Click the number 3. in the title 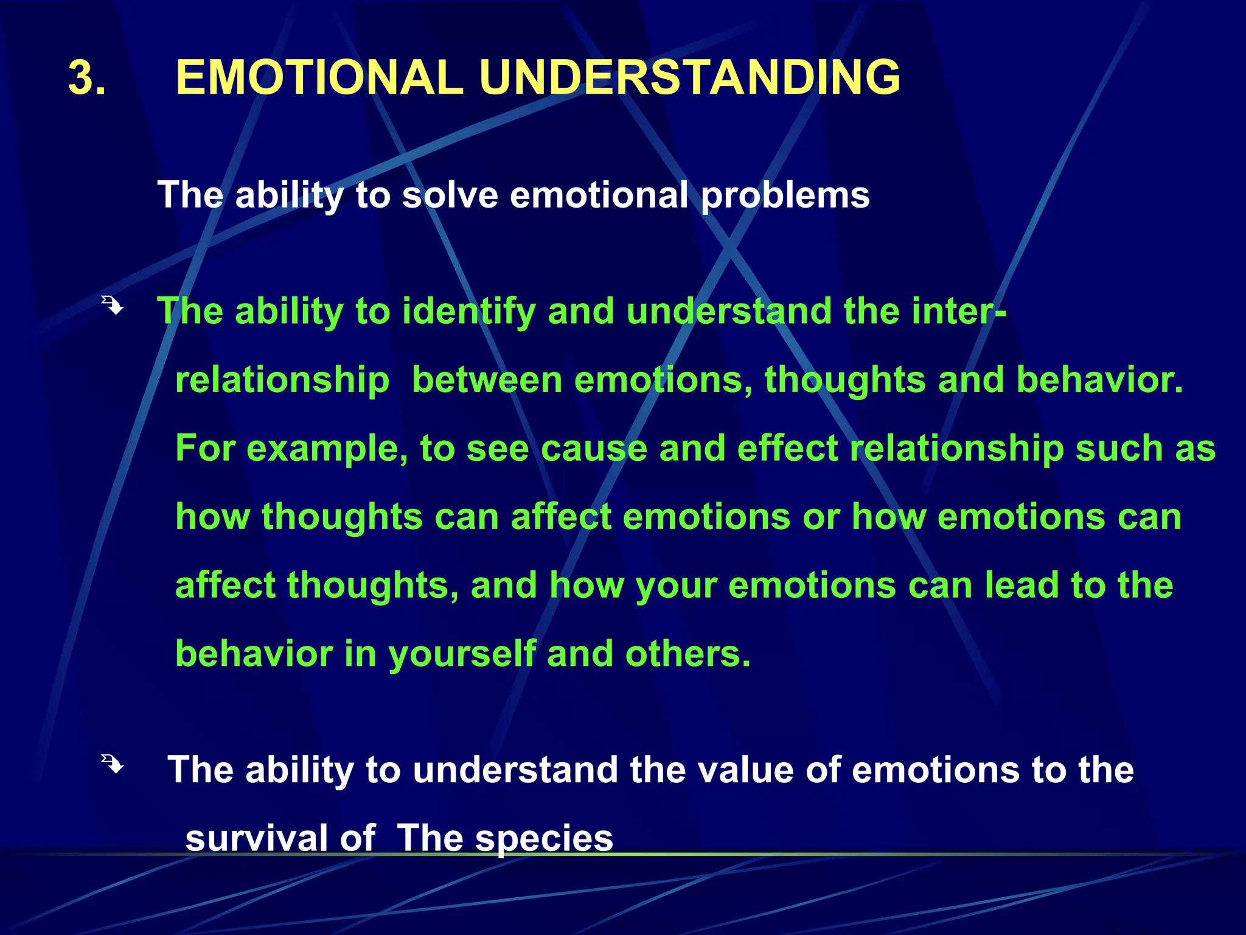pyautogui.click(x=87, y=78)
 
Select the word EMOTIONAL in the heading pyautogui.click(x=319, y=77)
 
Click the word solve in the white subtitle pyautogui.click(x=450, y=195)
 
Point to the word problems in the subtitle pyautogui.click(x=785, y=196)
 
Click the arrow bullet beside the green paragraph pyautogui.click(x=113, y=305)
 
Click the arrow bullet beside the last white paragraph pyautogui.click(x=113, y=763)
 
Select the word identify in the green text pyautogui.click(x=468, y=312)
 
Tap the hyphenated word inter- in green pyautogui.click(x=959, y=311)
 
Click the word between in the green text pyautogui.click(x=487, y=380)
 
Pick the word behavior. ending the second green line pyautogui.click(x=1099, y=380)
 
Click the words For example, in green pyautogui.click(x=291, y=449)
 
